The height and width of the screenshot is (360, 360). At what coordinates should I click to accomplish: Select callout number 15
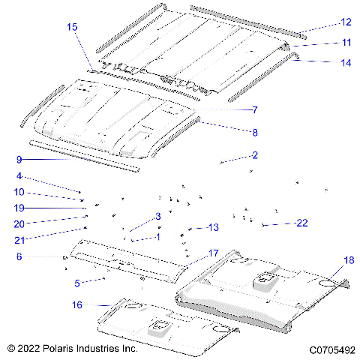(72, 27)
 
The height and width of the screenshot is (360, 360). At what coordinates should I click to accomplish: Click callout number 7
(255, 110)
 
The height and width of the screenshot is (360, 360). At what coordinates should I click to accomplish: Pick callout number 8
(255, 133)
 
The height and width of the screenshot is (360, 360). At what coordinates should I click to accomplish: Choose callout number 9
(19, 159)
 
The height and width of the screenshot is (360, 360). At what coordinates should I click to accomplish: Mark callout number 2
(255, 155)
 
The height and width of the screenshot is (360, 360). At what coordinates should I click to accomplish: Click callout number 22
(301, 223)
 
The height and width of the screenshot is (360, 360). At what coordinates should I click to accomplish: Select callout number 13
(213, 227)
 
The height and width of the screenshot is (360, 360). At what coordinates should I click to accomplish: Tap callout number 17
(213, 253)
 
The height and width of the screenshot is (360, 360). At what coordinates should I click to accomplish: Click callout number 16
(77, 305)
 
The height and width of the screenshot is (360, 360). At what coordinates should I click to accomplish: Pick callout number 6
(19, 256)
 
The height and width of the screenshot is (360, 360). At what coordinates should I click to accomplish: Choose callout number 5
(77, 283)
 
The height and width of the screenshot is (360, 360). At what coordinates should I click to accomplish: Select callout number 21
(19, 240)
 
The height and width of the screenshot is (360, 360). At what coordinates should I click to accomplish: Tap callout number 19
(19, 208)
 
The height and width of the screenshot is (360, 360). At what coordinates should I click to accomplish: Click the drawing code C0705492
(331, 349)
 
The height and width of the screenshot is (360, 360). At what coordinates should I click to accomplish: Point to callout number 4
(19, 177)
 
